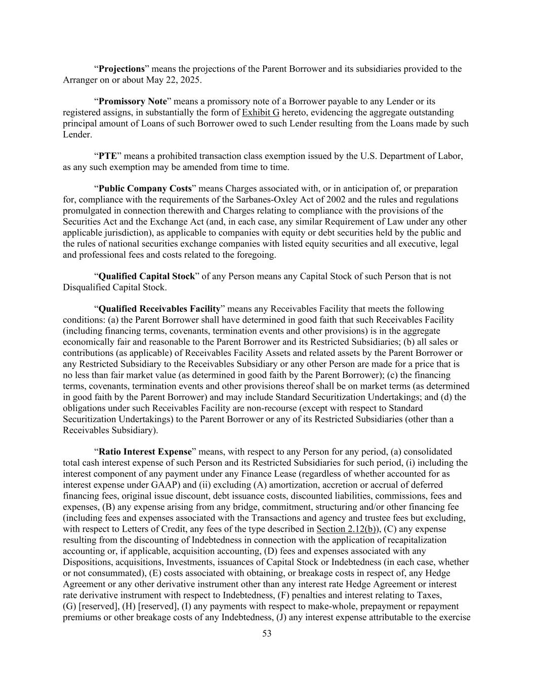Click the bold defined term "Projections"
point(121,69)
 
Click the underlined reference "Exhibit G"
point(261,112)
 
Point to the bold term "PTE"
point(108,156)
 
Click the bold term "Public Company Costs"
point(145,189)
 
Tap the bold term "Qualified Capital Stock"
point(146,276)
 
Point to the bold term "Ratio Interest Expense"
point(145,452)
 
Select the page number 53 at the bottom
point(267,633)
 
